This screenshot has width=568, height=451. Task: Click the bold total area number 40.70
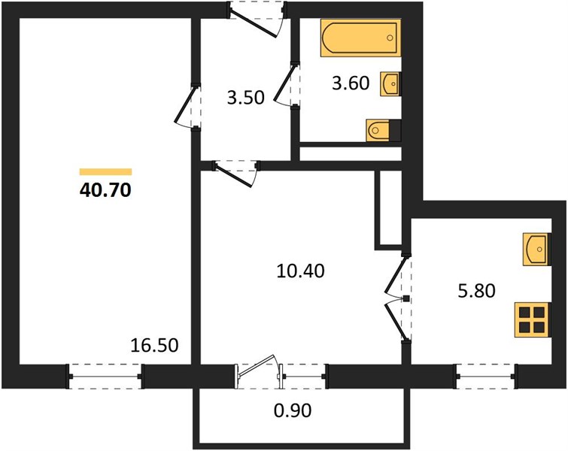pos(105,190)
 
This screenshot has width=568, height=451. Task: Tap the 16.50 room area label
pos(154,345)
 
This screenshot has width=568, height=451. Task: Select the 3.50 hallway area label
pos(245,98)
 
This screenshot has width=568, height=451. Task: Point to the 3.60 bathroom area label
pos(351,83)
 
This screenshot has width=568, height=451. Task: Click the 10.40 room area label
pos(300,271)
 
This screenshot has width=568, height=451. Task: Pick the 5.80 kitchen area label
pos(476,291)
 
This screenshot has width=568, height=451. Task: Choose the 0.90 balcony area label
pos(293,410)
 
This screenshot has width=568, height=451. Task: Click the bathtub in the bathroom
pos(361,38)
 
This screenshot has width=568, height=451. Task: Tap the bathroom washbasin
pos(390,84)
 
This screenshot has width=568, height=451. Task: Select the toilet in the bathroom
pos(383,130)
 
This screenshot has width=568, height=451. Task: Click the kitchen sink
pos(536,250)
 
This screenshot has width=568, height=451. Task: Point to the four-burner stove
pos(532,320)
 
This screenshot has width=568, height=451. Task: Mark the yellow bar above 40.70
pos(105,172)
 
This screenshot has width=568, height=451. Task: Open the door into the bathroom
pos(284,84)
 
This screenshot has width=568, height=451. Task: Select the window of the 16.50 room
pos(105,377)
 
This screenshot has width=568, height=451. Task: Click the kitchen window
pos(485,377)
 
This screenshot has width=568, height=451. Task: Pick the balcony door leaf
pos(258,365)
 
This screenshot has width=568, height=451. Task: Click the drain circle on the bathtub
pos(390,38)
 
